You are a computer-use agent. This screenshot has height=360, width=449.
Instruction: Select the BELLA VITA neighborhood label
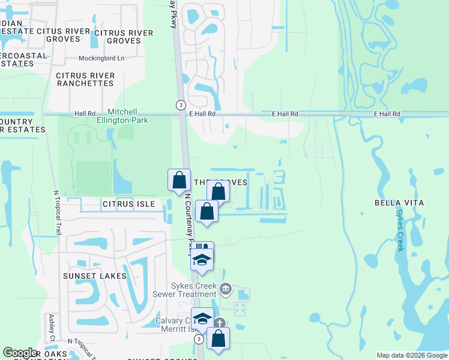point(399,203)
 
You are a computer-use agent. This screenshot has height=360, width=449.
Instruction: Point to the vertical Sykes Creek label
point(400,230)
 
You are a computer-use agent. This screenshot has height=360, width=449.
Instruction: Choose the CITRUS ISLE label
point(128,205)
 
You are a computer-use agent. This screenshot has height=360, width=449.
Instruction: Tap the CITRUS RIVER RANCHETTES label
point(85,79)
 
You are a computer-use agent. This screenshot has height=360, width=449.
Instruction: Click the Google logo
point(20,353)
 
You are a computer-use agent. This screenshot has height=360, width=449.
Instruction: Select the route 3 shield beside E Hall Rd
point(180,105)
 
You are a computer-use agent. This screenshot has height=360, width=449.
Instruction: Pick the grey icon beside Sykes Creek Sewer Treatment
point(225,289)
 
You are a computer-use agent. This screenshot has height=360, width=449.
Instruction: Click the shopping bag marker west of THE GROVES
point(179,179)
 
